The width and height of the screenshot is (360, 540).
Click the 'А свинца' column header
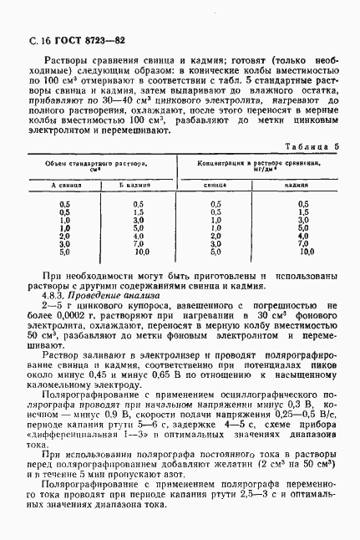(x=64, y=186)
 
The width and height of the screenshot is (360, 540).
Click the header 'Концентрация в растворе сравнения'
(x=260, y=166)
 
